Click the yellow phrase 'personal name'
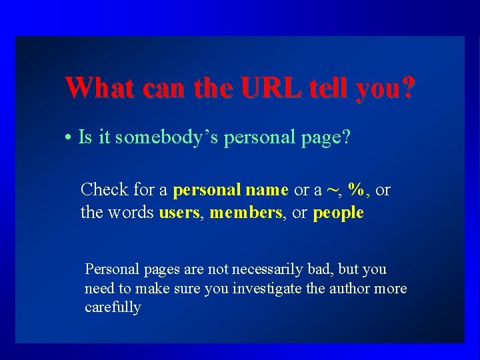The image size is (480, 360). coord(231,190)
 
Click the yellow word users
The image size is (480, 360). coord(179,213)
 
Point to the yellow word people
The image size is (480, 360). coord(338,213)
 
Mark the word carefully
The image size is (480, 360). coord(113,307)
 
